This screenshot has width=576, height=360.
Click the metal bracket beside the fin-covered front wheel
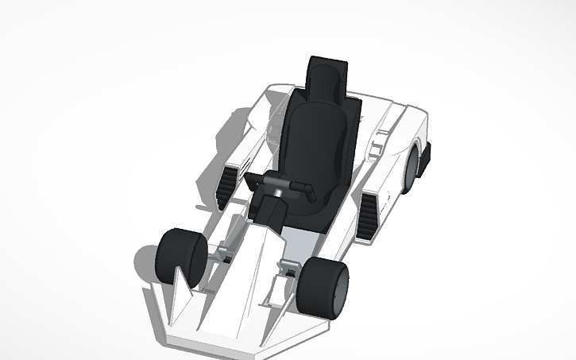pyautogui.click(x=222, y=254)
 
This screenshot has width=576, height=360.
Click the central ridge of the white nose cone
pyautogui.click(x=230, y=286)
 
